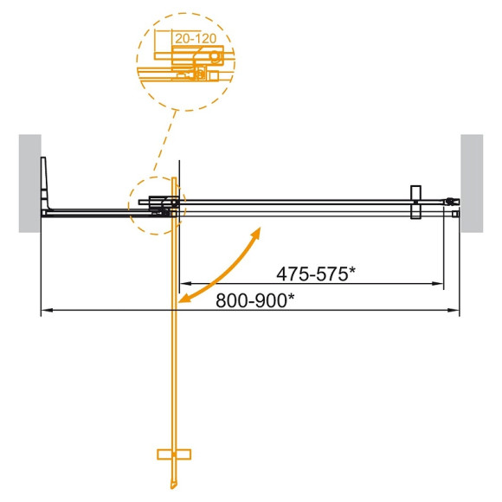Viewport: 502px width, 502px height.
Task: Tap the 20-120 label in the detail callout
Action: (195, 38)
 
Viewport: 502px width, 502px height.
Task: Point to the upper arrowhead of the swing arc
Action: (257, 232)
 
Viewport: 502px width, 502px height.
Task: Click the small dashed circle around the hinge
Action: (155, 204)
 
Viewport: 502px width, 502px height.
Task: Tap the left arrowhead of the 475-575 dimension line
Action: (183, 283)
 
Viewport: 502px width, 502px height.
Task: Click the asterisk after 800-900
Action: (291, 297)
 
